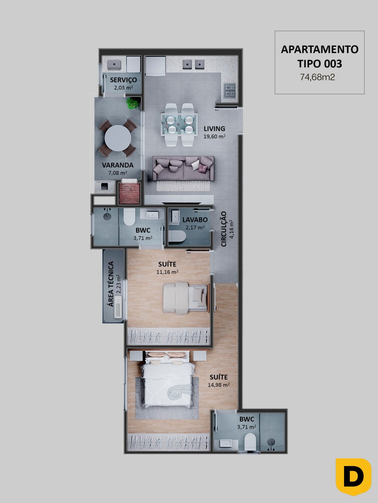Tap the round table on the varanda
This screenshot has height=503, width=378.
(118, 138)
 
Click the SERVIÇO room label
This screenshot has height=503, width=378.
(123, 80)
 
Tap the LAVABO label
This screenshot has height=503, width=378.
(195, 220)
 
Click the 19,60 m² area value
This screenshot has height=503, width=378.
(214, 137)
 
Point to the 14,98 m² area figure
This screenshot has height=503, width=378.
(219, 385)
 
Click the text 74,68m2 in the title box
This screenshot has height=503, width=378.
(317, 77)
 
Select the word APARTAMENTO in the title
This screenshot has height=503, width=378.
(320, 49)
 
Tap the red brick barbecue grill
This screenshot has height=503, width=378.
(129, 193)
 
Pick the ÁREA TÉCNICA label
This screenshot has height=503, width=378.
(111, 284)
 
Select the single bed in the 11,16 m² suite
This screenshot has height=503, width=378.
(185, 298)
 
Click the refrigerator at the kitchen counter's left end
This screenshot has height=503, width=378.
(155, 66)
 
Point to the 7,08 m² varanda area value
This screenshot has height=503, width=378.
(118, 173)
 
